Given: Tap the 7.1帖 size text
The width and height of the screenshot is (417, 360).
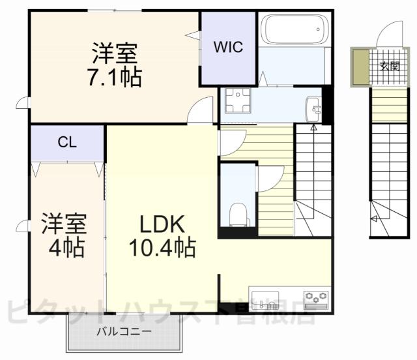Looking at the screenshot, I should click(115, 77).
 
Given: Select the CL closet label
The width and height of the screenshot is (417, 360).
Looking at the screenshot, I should click(66, 143).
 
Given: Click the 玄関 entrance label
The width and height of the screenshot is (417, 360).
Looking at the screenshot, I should click(390, 65).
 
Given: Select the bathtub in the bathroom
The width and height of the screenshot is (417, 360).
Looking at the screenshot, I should click(293, 30).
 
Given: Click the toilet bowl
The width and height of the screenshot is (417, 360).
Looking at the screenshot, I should click(238, 213).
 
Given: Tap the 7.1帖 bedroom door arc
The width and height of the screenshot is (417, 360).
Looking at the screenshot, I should click(201, 110).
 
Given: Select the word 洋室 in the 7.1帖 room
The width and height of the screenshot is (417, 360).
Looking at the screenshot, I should click(115, 52).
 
